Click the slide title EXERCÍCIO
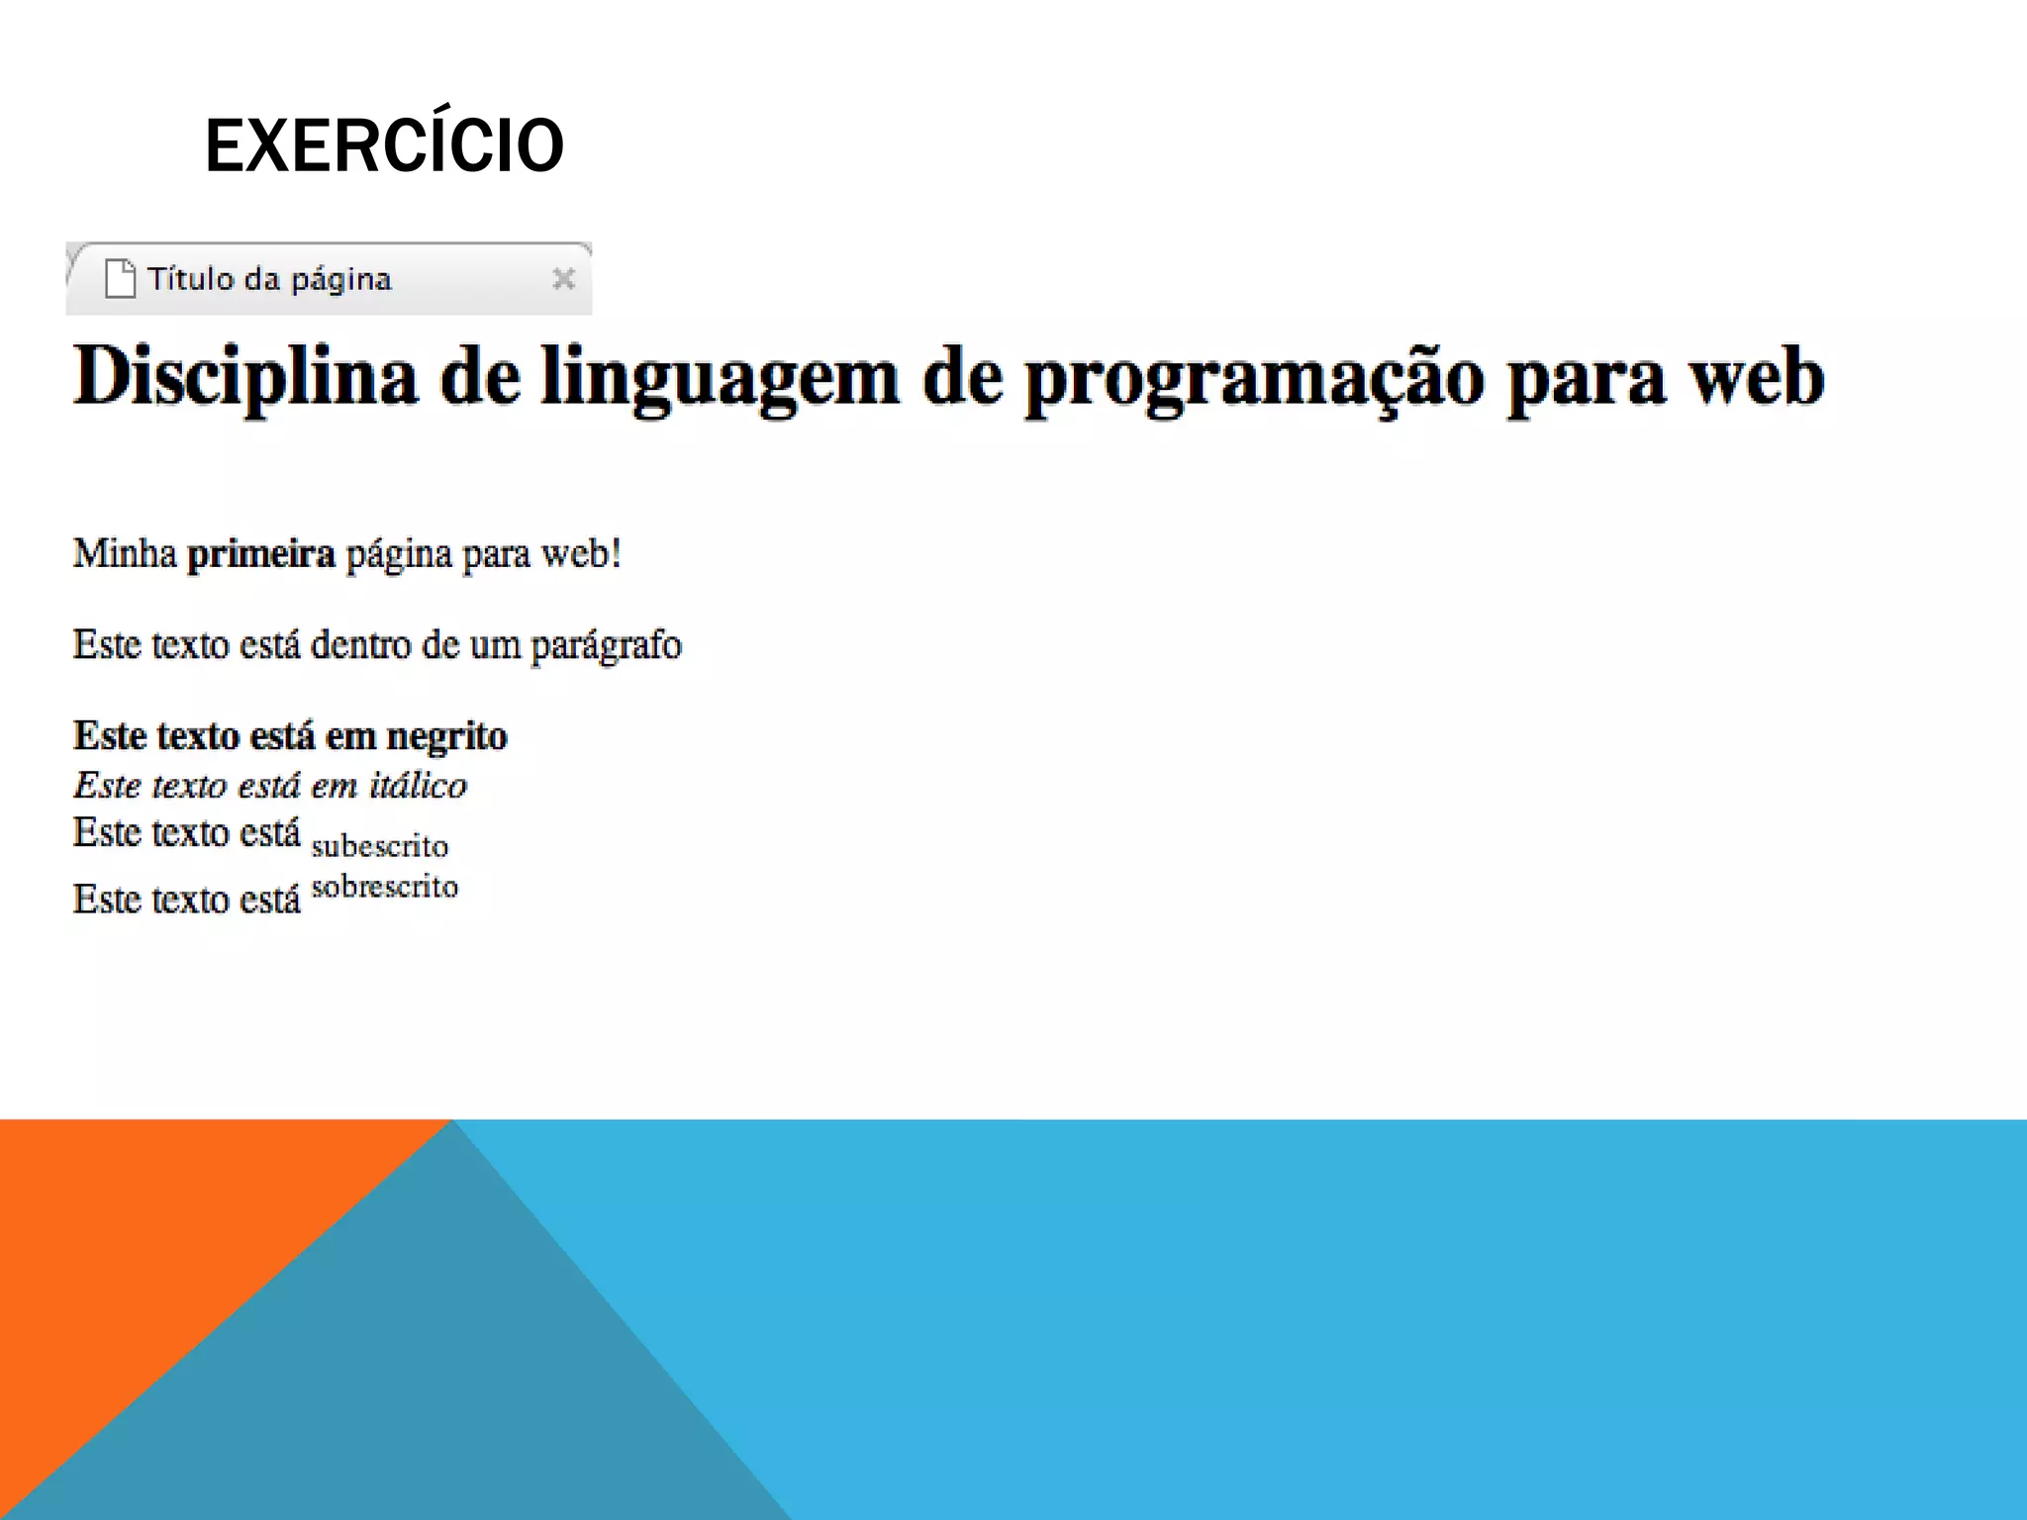(384, 145)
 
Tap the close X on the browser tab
(563, 279)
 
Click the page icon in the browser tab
(120, 278)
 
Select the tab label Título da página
(269, 280)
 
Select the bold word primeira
(261, 554)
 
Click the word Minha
(125, 553)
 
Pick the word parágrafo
(606, 646)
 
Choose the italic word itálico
(418, 786)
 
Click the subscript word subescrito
(380, 846)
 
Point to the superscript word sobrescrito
(385, 887)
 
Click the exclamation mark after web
(617, 553)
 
